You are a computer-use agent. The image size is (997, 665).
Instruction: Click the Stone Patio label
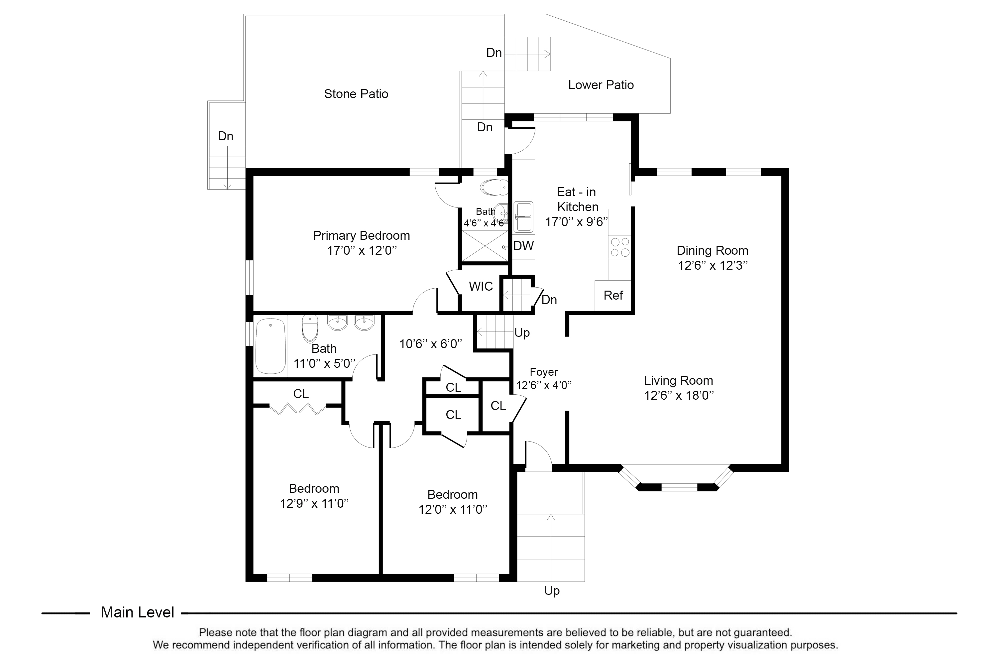356,94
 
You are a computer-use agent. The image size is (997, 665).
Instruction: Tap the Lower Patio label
600,85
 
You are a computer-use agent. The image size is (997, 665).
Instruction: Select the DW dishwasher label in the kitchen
523,246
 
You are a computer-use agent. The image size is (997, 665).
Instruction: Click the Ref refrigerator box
613,295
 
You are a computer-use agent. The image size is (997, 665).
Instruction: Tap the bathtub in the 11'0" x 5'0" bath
271,346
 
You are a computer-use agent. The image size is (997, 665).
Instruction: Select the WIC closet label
481,286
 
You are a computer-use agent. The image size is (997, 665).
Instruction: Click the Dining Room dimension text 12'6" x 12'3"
712,265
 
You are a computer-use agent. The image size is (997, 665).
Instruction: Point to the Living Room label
678,380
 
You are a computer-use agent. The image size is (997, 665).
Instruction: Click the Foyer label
543,372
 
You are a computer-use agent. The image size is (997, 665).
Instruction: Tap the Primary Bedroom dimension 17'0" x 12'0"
362,250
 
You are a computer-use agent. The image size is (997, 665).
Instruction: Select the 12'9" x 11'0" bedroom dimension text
314,503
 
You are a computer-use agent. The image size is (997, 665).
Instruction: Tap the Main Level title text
137,612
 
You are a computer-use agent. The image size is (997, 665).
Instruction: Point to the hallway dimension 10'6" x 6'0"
430,343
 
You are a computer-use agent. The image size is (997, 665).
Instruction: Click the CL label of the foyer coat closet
498,406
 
